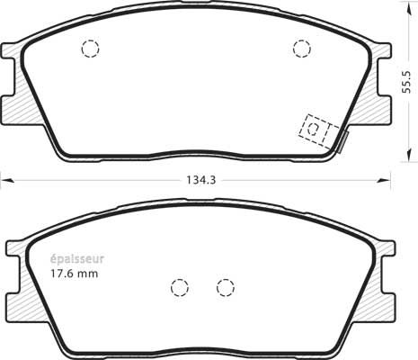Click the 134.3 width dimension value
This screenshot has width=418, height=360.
(x=201, y=180)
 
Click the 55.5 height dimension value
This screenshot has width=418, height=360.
(x=406, y=82)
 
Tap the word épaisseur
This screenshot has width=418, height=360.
(x=76, y=259)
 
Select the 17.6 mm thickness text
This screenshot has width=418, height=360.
(x=74, y=274)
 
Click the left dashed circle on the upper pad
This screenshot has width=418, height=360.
(x=90, y=49)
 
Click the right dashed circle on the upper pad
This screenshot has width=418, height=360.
(x=302, y=49)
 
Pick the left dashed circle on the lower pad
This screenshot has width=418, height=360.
(x=180, y=288)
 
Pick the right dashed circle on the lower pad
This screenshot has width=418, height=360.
(x=226, y=288)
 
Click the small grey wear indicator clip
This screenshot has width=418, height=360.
(x=343, y=142)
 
